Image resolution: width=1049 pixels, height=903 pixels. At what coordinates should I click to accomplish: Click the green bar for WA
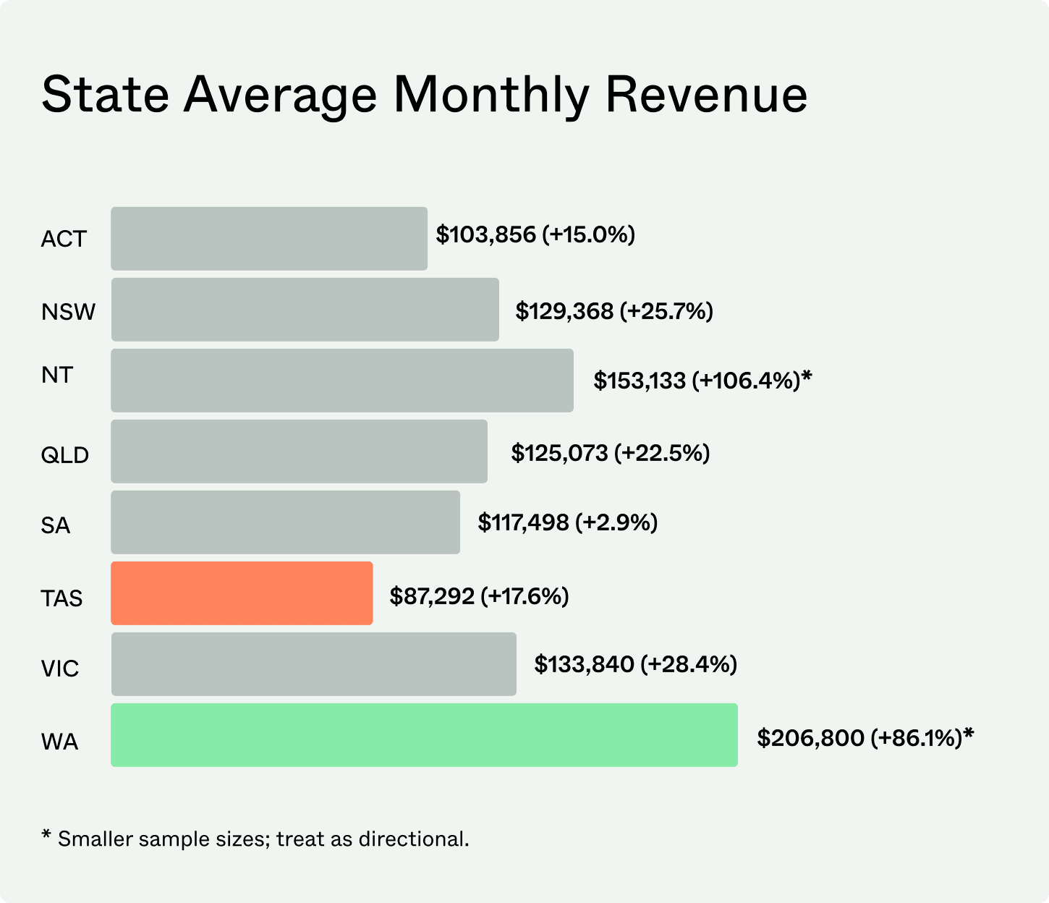point(424,734)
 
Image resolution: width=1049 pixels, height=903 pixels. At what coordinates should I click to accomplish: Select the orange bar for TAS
point(242,593)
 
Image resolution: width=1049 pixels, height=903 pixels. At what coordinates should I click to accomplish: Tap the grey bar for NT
point(342,381)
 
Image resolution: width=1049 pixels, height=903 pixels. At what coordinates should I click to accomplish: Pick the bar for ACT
point(269,238)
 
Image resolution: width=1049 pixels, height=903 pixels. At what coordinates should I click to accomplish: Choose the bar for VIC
point(314,664)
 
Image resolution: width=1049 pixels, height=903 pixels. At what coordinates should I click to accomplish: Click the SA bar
point(285,522)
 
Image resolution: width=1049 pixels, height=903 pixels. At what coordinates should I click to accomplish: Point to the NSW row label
point(68,312)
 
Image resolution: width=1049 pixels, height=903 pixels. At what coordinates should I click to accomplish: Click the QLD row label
point(65,455)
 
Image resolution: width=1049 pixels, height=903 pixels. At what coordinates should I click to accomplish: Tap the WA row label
point(59,742)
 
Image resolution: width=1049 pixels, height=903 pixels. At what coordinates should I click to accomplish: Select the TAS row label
point(61,598)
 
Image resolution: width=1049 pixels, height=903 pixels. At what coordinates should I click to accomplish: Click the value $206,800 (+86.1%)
point(859,738)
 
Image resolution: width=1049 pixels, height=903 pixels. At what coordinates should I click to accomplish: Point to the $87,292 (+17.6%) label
point(479,596)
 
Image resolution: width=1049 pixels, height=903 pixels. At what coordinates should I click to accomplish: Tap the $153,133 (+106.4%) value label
point(697,381)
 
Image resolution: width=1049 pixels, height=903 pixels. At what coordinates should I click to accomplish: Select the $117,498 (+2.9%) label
point(567,522)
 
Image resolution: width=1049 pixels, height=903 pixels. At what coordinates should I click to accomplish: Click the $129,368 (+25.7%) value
point(614,311)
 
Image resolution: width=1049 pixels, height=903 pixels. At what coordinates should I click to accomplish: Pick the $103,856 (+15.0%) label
point(535,234)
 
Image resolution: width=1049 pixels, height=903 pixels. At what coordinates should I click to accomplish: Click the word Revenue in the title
point(706,95)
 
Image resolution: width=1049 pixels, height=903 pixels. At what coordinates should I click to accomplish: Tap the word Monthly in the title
point(490,95)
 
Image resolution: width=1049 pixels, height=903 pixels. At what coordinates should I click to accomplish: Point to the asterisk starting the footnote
point(46,836)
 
